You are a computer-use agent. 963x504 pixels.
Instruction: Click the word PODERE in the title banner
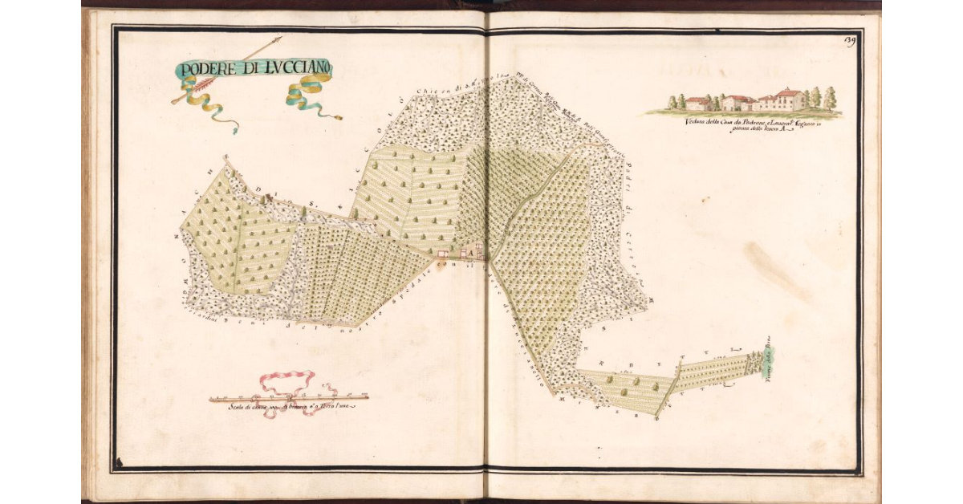point(205,68)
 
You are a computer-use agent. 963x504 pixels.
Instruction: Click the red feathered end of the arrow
point(178,100)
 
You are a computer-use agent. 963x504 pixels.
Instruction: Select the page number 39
point(851,42)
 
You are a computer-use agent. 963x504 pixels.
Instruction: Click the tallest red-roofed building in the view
point(790,99)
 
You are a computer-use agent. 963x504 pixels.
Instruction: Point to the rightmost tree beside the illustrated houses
point(829,98)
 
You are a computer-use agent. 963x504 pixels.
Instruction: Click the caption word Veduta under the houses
point(699,121)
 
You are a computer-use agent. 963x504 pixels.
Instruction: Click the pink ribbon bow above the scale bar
point(286,384)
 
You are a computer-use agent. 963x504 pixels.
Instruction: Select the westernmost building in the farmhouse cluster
point(442,254)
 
